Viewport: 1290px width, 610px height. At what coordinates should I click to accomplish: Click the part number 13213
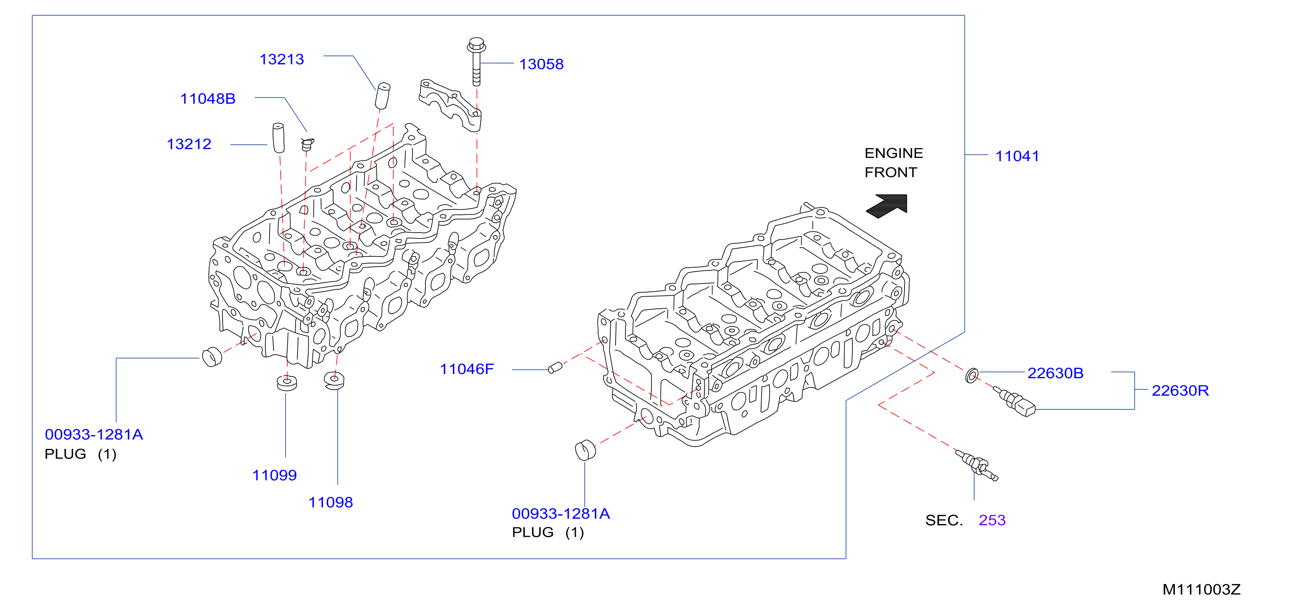click(x=282, y=60)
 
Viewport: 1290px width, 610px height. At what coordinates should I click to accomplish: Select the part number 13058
click(x=541, y=65)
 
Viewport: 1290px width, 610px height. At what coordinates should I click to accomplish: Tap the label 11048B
click(x=208, y=99)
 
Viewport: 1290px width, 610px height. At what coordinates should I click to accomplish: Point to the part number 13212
click(x=189, y=144)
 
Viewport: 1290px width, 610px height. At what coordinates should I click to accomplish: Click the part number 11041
click(x=1017, y=156)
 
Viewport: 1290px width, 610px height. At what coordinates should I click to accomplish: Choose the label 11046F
click(x=467, y=369)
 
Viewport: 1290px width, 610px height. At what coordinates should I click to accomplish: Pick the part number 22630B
click(x=1055, y=373)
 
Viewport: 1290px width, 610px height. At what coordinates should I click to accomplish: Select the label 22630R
click(x=1180, y=390)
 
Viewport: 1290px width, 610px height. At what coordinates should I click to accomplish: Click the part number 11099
click(x=275, y=475)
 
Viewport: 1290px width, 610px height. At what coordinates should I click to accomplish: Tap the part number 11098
click(x=330, y=502)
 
